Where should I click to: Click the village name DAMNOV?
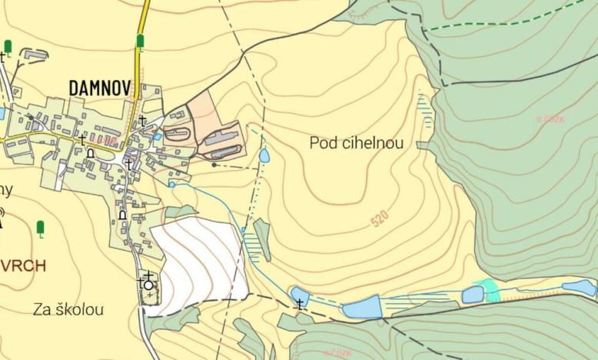click(100, 88)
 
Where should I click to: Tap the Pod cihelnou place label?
click(357, 142)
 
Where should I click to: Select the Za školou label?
click(68, 310)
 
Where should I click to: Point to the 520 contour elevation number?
click(379, 219)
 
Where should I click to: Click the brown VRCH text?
click(22, 266)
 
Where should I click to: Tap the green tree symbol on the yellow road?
click(140, 41)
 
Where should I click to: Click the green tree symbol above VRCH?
click(40, 228)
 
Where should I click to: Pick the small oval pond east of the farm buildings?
click(264, 156)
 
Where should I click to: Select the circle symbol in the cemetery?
click(148, 285)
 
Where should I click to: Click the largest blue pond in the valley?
click(362, 308)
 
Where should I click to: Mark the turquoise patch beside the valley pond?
click(490, 290)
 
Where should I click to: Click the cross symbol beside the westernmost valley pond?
click(300, 305)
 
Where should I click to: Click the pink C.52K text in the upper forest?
click(551, 119)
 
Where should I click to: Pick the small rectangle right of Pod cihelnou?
click(421, 143)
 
